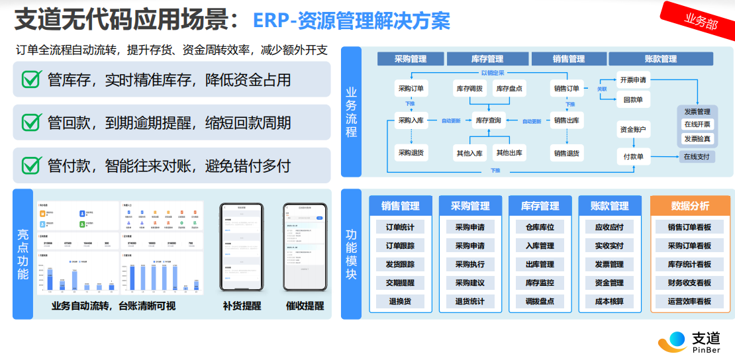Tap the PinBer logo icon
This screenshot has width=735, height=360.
coord(673,341)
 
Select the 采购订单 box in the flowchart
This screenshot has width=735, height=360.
coord(411,88)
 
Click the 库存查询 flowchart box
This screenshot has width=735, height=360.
coord(489,120)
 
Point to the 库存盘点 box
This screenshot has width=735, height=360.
coord(509,88)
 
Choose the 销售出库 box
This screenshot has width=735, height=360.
coord(566,120)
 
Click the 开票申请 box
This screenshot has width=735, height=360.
coord(633,80)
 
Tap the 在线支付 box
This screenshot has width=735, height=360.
coord(697,157)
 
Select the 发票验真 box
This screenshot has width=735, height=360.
coord(697,139)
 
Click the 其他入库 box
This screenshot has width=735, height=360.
coord(469,153)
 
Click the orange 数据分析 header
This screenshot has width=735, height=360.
coord(689,206)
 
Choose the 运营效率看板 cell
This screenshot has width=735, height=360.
coord(689,301)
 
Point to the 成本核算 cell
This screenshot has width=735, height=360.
coord(609,301)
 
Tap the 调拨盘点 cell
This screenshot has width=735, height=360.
coord(540,301)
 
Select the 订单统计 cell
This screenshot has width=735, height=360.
coord(400,227)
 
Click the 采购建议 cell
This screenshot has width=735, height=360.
coord(469,283)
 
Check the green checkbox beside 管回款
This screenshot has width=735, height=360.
coord(31,122)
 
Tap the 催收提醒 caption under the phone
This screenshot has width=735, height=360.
coord(305,306)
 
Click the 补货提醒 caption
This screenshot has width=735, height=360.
coord(242,306)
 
